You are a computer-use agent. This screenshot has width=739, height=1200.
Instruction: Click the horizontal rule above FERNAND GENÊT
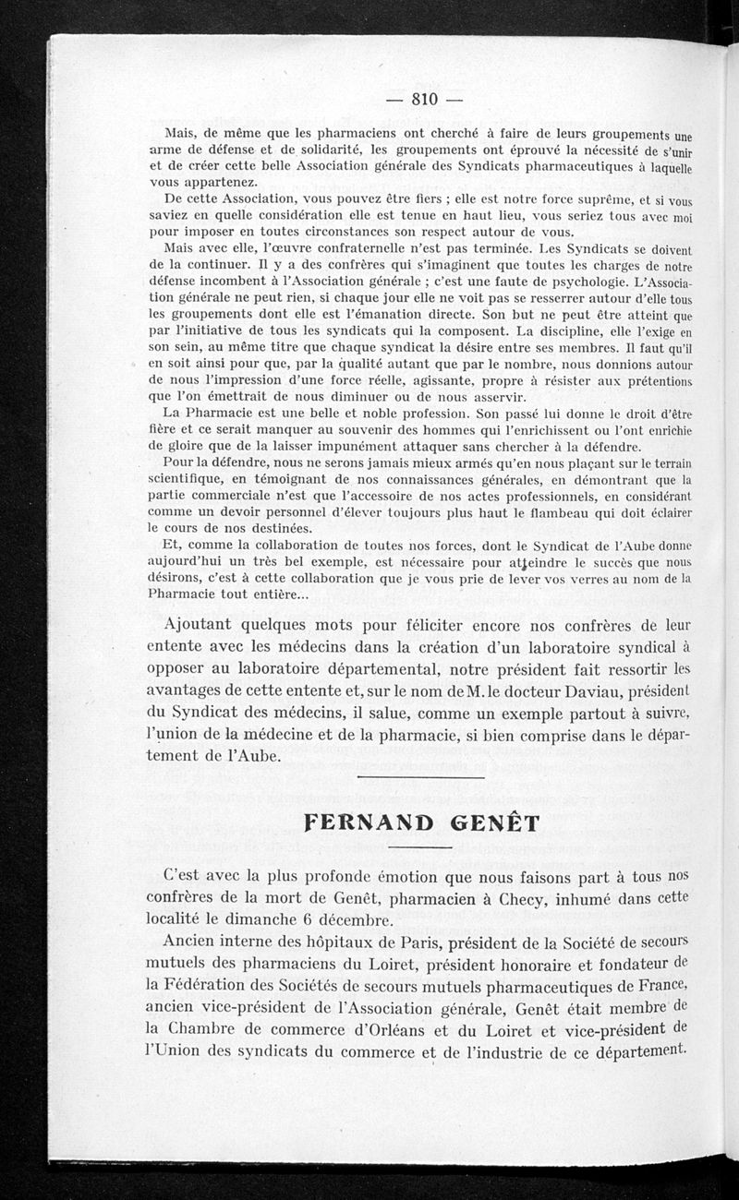[x=419, y=777]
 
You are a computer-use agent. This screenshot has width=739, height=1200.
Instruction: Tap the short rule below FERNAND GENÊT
[x=419, y=848]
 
